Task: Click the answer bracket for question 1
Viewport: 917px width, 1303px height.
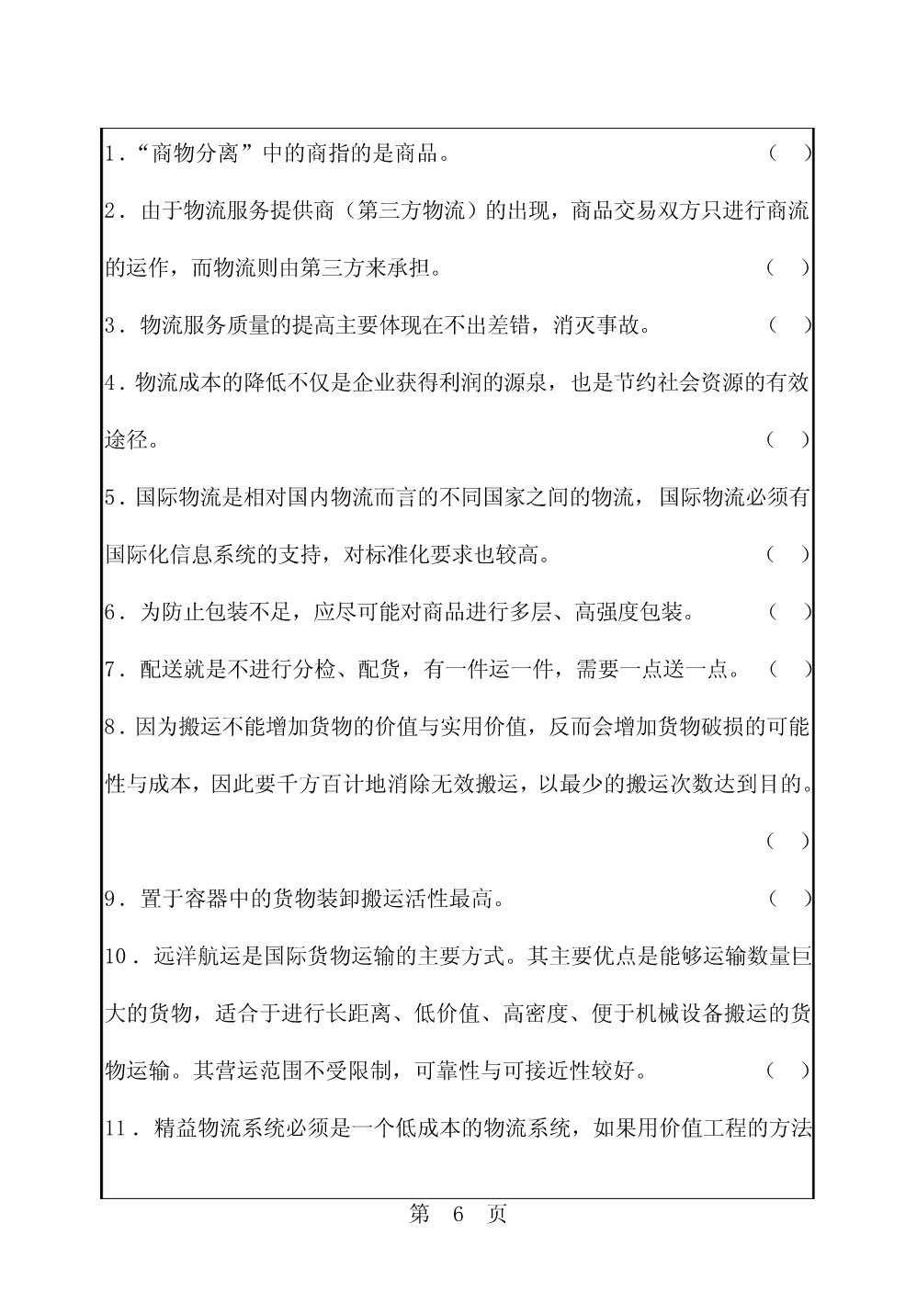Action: tap(789, 153)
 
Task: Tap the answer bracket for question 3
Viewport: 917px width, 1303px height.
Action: tap(789, 325)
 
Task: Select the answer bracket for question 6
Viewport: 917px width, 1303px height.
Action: tap(789, 611)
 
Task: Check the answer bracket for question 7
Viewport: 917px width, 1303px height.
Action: tap(789, 669)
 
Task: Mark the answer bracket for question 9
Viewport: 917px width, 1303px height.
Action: tap(789, 898)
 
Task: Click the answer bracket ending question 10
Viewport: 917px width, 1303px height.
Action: tap(789, 1070)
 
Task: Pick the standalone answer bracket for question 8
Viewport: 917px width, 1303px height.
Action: tap(789, 841)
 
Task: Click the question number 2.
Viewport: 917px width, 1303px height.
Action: tap(111, 211)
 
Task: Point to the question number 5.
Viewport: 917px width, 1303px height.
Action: tap(111, 497)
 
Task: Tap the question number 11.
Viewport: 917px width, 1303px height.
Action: tap(117, 1127)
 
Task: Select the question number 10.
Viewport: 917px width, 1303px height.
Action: tap(117, 956)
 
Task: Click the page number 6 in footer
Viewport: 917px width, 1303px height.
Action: tap(458, 1214)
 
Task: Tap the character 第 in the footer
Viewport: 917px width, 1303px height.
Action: tap(419, 1214)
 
